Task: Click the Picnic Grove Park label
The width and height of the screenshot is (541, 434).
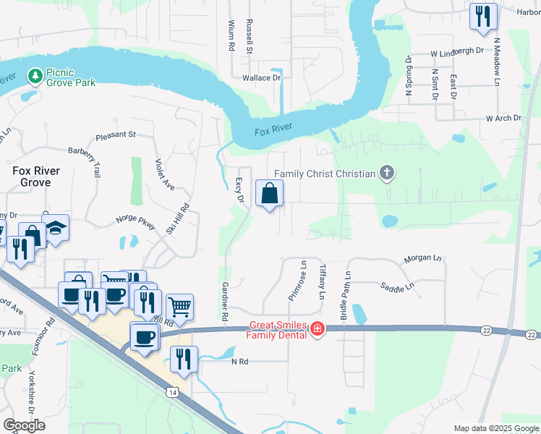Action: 70,77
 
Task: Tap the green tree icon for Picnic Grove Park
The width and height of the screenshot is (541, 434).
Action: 34,75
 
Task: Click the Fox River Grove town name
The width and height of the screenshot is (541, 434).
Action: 36,176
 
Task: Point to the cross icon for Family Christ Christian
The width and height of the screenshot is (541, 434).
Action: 388,173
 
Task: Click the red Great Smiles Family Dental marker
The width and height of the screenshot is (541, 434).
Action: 316,330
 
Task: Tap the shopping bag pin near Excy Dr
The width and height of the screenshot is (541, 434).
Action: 269,194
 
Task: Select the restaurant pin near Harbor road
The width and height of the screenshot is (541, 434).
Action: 482,16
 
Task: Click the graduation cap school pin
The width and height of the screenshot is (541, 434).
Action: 55,229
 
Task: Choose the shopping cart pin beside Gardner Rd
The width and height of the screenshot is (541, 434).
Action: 179,307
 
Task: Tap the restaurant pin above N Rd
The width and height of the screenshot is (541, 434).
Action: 184,359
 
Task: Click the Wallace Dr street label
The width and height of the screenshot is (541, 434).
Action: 260,77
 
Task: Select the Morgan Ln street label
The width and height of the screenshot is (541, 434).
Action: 422,258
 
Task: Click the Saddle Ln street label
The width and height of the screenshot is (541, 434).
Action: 399,286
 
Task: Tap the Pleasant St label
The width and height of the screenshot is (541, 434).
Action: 116,135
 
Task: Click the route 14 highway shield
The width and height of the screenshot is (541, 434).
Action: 171,392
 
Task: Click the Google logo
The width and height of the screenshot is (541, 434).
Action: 24,425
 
